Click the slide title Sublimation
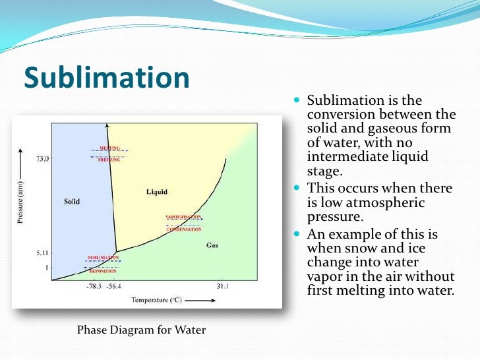click(x=107, y=78)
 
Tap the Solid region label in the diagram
click(x=72, y=201)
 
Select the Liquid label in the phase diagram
click(x=156, y=192)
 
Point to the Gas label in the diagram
click(x=212, y=245)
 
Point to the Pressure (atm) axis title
click(x=20, y=202)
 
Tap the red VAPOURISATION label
click(x=184, y=217)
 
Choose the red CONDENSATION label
click(x=184, y=229)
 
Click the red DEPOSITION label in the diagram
click(x=102, y=271)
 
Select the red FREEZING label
click(x=109, y=160)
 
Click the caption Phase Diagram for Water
click(x=141, y=330)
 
